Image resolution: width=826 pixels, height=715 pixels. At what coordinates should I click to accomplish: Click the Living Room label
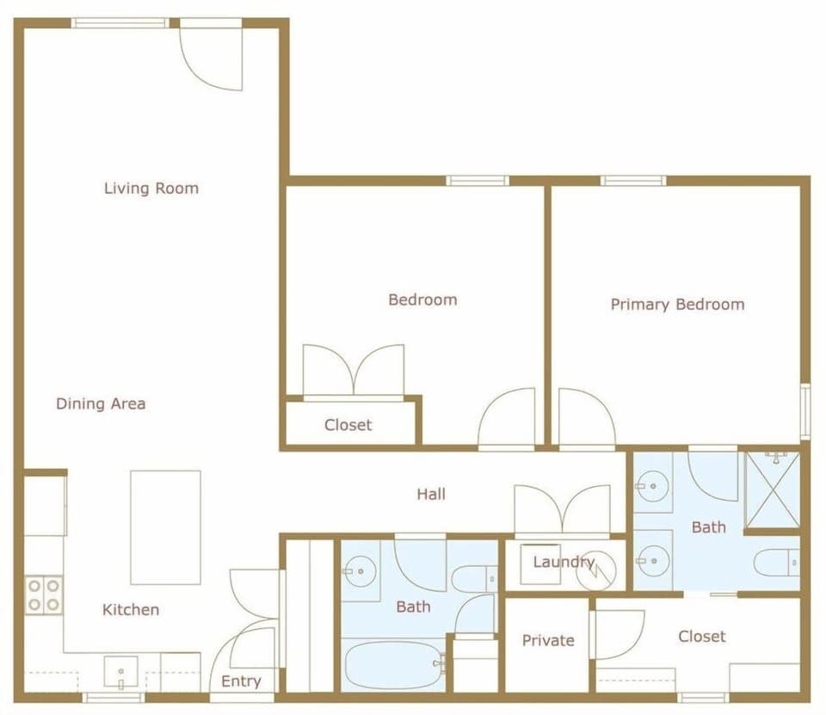coord(151,188)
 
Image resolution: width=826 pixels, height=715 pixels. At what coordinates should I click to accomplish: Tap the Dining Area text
coord(101,404)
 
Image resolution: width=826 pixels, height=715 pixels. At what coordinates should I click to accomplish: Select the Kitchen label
coord(131,610)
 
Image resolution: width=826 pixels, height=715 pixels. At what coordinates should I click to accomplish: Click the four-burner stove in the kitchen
coord(44,595)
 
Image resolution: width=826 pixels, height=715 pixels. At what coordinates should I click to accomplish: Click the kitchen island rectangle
coord(165,527)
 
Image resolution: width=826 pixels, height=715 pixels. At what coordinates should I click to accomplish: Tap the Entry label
coord(241,681)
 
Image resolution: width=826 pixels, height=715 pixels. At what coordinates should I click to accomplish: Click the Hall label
coord(431,495)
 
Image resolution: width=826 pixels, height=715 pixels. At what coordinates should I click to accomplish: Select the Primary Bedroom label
coord(677,305)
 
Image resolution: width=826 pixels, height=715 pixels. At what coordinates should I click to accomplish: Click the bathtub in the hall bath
coord(394,665)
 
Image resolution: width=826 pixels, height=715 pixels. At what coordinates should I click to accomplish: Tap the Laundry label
coord(564,563)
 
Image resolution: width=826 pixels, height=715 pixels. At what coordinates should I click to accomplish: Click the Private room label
coord(548,641)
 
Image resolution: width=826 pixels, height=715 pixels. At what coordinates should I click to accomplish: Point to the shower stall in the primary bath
coord(772,489)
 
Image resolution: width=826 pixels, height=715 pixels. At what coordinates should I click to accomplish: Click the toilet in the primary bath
coord(776,563)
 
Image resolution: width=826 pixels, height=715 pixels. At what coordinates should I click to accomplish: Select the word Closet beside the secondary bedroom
coord(348,425)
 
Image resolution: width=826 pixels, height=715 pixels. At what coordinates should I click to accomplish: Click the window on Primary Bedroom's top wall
coord(633,181)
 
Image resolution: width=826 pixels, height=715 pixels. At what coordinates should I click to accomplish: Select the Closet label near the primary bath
coord(701,637)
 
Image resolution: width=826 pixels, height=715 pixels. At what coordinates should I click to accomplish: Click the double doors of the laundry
coord(562,510)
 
